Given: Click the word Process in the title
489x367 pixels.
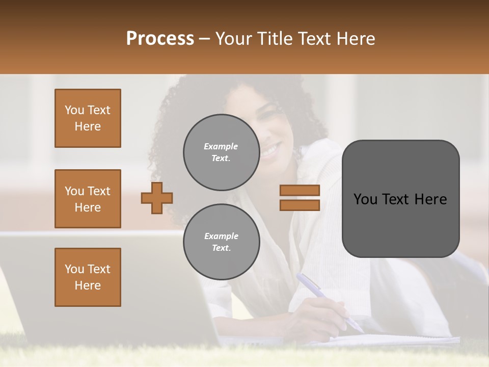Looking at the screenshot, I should tap(160, 39).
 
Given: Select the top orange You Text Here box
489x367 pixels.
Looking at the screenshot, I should tap(88, 118).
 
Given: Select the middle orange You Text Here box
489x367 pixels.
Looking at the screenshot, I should tap(88, 199).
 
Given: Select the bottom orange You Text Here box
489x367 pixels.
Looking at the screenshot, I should tap(88, 277).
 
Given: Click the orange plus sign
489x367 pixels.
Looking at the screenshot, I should tap(157, 198).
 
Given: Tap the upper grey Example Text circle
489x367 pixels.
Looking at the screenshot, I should tap(221, 152).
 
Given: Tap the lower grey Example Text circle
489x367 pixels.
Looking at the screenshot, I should tap(221, 242).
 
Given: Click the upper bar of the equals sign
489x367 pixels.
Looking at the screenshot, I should tap(300, 190).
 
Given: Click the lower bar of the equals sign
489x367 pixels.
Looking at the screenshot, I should tap(300, 205).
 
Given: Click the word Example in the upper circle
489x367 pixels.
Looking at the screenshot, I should tap(221, 146).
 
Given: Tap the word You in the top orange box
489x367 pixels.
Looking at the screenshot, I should tap(74, 110).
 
